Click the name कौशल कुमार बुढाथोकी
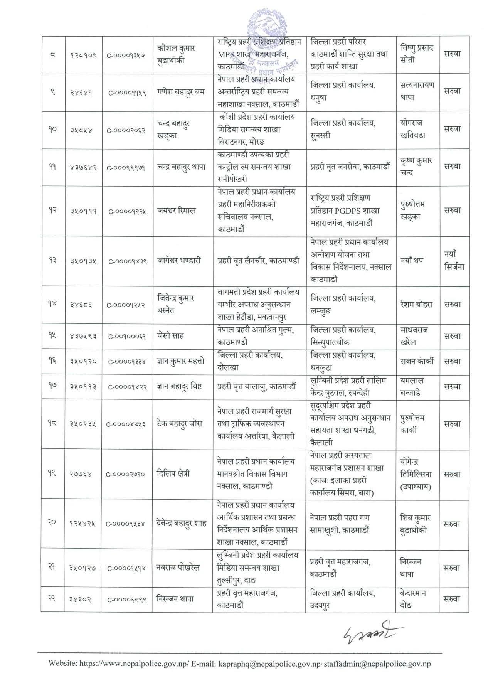(x=176, y=54)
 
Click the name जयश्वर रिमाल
(x=176, y=211)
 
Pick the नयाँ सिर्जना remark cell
(x=454, y=261)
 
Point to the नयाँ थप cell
(x=412, y=261)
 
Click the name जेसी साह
(x=170, y=335)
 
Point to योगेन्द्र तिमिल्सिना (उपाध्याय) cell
(x=416, y=474)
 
